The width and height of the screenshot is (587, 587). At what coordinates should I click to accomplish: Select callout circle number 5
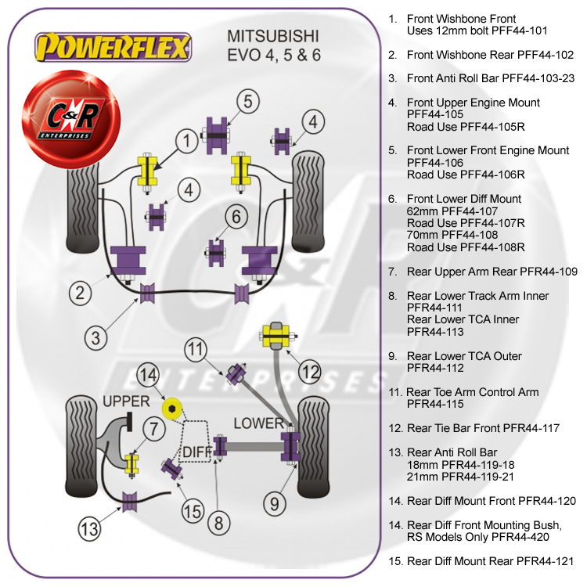(247, 102)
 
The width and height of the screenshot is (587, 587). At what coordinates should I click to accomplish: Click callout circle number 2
(80, 293)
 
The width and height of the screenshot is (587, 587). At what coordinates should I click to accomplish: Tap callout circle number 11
(196, 349)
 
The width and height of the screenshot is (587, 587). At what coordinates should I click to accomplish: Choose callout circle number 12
(310, 370)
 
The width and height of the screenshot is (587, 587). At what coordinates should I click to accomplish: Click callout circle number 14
(149, 376)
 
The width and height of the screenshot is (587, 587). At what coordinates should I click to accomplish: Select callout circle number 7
(154, 428)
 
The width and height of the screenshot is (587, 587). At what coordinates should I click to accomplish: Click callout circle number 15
(192, 513)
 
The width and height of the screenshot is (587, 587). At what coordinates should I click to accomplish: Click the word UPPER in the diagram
(126, 402)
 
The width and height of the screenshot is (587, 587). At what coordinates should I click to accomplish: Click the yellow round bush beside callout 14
(171, 408)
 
